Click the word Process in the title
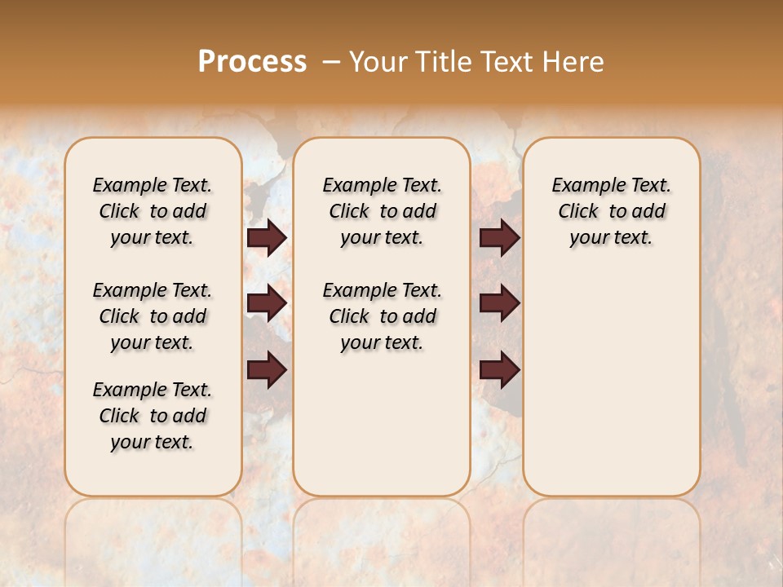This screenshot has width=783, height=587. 252,62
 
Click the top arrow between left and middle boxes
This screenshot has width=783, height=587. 267,238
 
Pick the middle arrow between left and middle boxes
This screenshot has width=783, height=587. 267,303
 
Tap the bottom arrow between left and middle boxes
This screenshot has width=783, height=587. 267,370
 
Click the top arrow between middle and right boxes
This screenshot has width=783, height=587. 499,238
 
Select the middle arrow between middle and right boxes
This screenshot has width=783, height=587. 499,303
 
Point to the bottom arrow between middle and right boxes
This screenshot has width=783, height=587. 499,370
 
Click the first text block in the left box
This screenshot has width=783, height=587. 153,211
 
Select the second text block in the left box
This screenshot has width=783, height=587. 153,316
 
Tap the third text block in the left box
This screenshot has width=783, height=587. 153,416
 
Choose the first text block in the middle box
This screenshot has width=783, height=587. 382,211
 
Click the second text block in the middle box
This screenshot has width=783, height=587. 382,316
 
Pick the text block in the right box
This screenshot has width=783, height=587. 611,211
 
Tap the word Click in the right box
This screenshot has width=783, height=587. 578,212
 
